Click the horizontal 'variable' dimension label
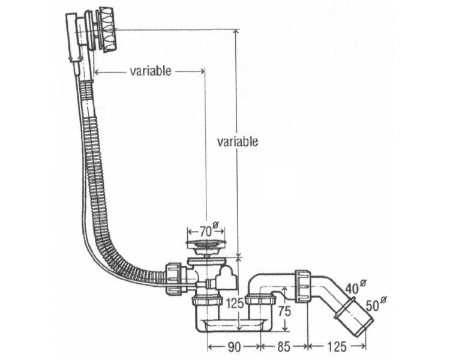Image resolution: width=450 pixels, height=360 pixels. (x=151, y=71)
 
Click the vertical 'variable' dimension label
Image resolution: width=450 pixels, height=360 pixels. (x=238, y=142)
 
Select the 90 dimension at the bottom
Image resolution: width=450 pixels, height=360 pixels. (x=234, y=347)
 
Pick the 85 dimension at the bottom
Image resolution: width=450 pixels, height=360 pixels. (x=284, y=347)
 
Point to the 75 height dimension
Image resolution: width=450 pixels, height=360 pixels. (x=284, y=311)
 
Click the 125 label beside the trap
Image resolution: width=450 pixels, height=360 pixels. (x=235, y=303)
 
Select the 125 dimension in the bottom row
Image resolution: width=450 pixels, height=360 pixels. (x=337, y=347)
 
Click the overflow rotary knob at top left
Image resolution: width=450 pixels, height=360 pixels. (x=107, y=31)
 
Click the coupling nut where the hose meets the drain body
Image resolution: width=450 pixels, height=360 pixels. (x=173, y=278)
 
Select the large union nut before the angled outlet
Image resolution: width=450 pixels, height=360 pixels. (x=303, y=286)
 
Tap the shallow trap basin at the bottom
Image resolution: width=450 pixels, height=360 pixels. (x=233, y=325)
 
